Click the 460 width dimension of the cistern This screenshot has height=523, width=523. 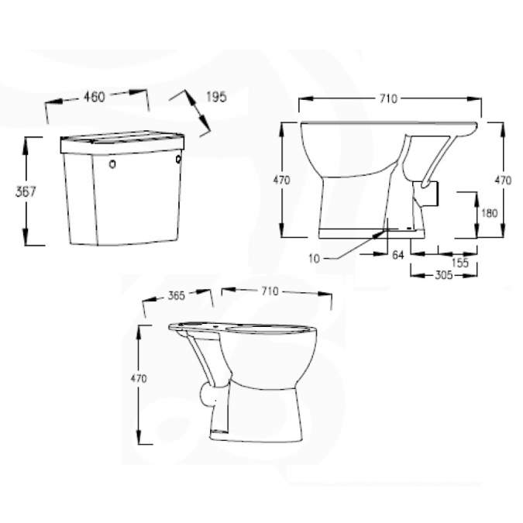95,98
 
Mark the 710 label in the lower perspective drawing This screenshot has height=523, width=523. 269,291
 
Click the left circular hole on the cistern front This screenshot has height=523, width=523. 112,164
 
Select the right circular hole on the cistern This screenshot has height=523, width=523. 179,160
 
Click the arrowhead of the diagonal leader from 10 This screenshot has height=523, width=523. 385,229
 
